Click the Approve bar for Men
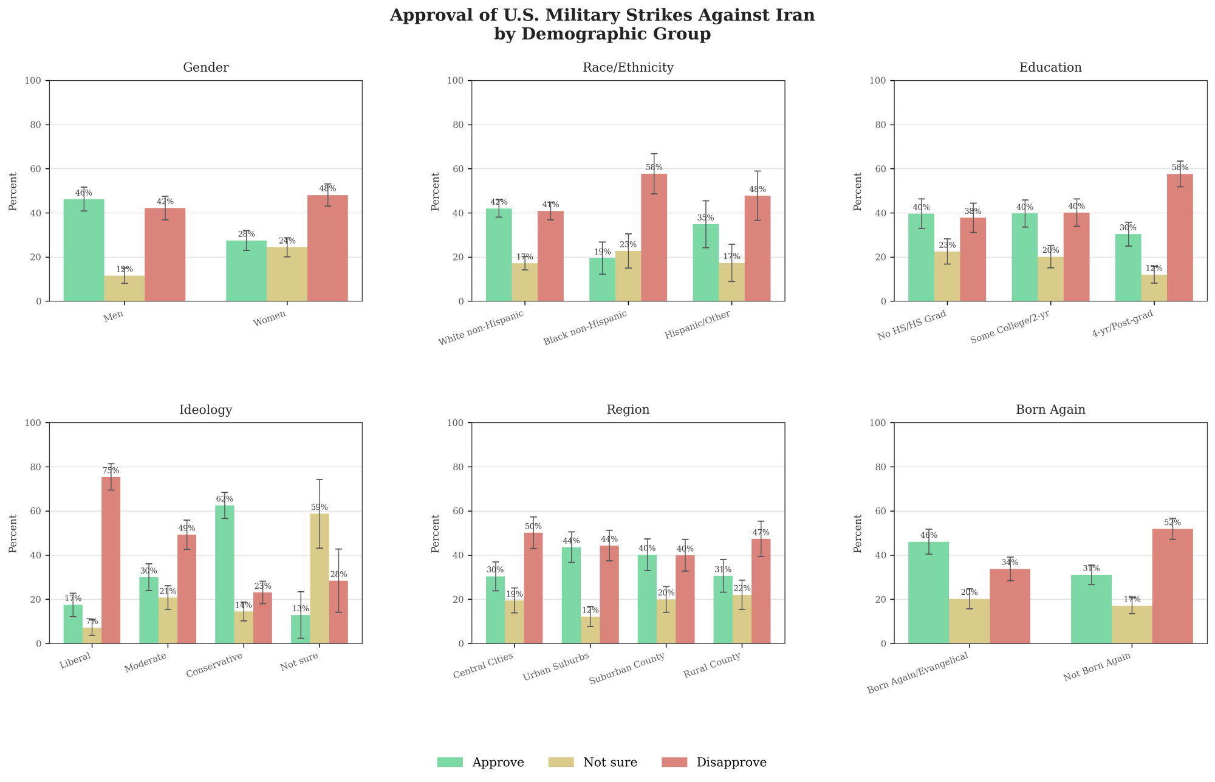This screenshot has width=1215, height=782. [x=84, y=250]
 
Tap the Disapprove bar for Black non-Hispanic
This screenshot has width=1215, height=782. [x=654, y=238]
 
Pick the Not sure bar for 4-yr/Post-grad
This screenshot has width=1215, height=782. [x=1154, y=288]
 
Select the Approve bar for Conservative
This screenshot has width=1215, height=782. [x=225, y=574]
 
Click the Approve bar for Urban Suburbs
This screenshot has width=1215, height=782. [x=571, y=595]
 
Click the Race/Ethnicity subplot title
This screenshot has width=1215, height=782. [x=628, y=68]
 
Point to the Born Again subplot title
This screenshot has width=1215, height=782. [x=1050, y=410]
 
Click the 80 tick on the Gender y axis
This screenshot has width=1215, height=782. [x=37, y=125]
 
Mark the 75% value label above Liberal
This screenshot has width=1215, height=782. [x=111, y=471]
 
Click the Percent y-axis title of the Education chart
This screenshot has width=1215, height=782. [x=858, y=191]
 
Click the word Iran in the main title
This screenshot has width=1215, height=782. [x=795, y=16]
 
